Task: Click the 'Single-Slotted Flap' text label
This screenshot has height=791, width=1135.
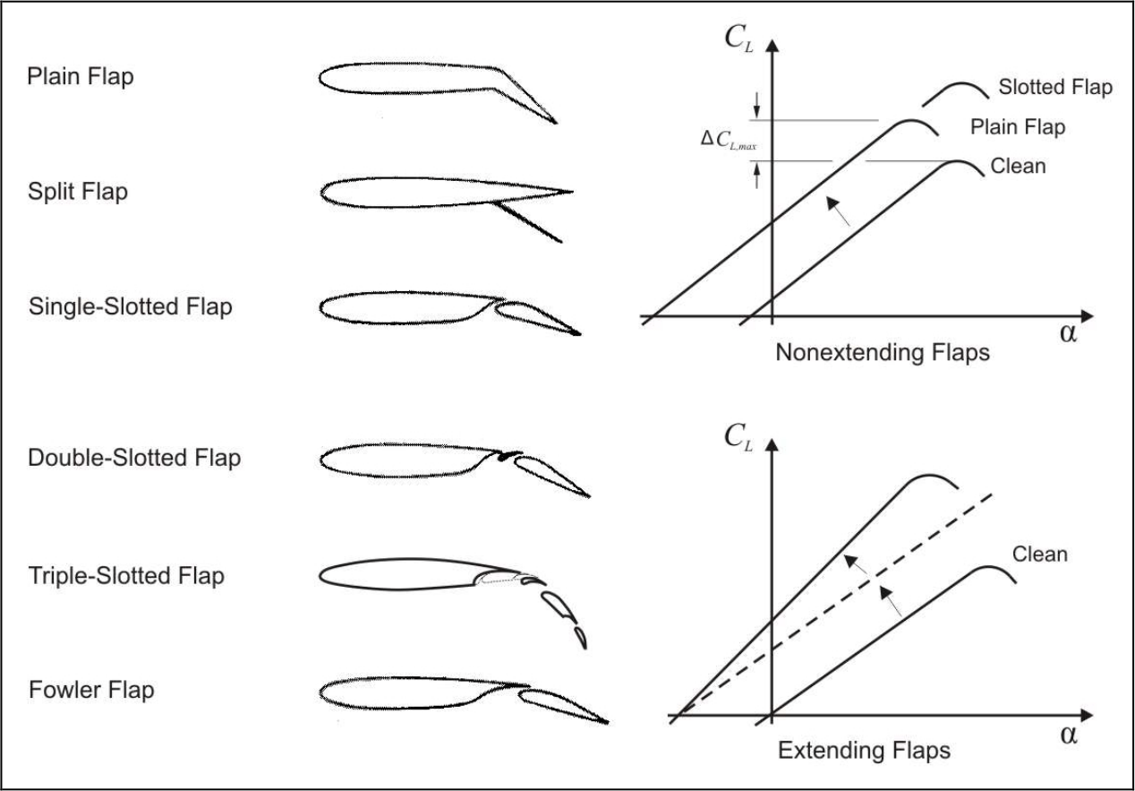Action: (131, 306)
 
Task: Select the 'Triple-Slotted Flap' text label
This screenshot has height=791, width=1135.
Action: (126, 575)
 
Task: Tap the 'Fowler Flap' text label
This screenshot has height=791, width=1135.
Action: (91, 691)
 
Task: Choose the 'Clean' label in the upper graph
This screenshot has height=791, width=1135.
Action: (1019, 166)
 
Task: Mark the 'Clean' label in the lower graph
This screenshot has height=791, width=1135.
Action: (1040, 554)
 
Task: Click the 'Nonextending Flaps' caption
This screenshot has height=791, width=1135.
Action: (882, 352)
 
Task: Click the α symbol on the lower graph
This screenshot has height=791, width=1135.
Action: (1068, 735)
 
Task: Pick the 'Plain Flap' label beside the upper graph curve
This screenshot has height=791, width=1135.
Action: (1018, 127)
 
